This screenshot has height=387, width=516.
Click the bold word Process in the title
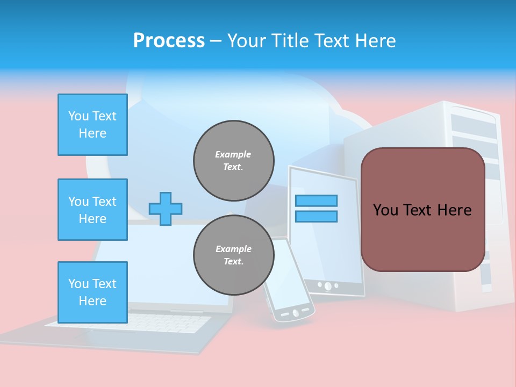(169, 41)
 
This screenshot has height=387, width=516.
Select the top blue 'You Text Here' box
(92, 125)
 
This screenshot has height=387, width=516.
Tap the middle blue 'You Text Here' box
(92, 210)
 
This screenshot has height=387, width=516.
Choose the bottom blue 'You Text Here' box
(92, 292)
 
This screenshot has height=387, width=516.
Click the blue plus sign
(166, 209)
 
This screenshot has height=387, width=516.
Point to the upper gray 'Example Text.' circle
(234, 161)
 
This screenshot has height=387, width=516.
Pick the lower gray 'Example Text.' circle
(234, 255)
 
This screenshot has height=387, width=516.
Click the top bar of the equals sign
(316, 201)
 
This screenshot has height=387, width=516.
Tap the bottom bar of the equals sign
(316, 217)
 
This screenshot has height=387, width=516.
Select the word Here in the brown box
(454, 210)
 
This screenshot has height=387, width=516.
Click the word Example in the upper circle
(233, 154)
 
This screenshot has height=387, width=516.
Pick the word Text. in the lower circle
(233, 262)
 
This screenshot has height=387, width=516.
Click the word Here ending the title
(376, 41)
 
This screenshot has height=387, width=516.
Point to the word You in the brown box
(385, 210)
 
